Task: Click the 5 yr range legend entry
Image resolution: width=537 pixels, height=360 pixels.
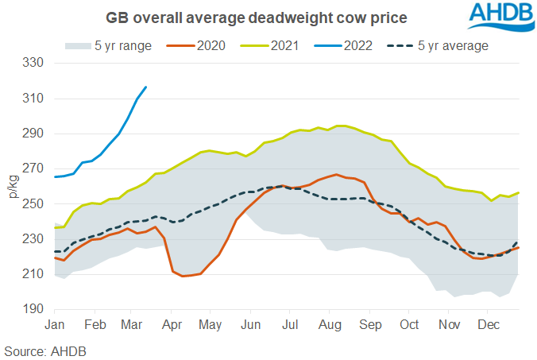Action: (129, 45)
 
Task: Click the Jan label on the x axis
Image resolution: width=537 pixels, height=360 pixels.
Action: (55, 326)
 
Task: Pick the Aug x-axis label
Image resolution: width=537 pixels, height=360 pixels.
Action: (329, 326)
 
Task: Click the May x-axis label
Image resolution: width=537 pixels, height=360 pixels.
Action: (211, 326)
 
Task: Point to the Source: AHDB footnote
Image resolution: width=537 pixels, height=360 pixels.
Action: (45, 350)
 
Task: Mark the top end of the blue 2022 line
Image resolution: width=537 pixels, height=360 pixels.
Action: (145, 87)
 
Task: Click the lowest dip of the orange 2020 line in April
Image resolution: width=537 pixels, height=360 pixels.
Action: (184, 276)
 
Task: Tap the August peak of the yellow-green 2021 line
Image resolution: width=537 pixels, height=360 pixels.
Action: (339, 126)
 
